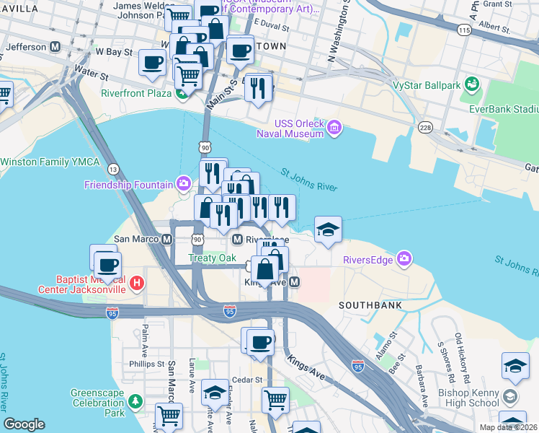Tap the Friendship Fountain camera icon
(184, 184)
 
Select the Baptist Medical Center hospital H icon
(137, 284)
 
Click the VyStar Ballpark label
(427, 86)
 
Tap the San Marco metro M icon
(166, 239)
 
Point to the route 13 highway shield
(113, 169)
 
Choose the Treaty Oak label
(213, 258)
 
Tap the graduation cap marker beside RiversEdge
(328, 230)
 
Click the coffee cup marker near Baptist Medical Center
(107, 265)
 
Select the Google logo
(24, 424)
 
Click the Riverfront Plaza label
(135, 93)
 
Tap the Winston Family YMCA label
(45, 162)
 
